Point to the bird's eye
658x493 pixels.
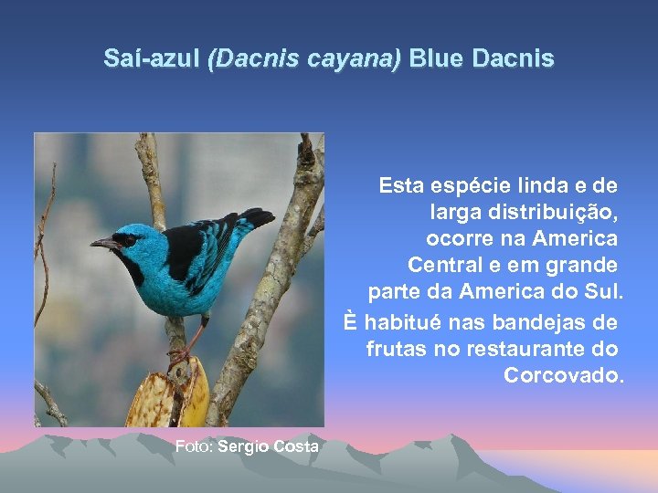click(x=128, y=239)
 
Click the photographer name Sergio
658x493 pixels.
click(x=243, y=446)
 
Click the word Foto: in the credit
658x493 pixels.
click(x=194, y=446)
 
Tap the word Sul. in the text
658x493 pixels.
click(x=602, y=293)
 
